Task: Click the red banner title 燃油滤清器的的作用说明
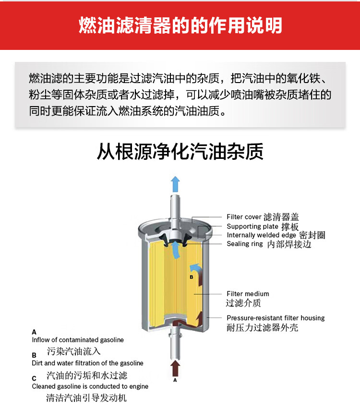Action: tap(180, 25)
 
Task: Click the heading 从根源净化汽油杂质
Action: tap(180, 152)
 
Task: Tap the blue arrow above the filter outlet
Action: tap(176, 184)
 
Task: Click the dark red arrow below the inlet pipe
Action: tap(176, 368)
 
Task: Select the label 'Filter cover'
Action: tap(244, 216)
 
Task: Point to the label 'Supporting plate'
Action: tap(252, 227)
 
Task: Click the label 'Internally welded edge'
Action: tap(261, 235)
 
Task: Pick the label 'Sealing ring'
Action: tap(245, 244)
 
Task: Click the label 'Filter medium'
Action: tap(248, 294)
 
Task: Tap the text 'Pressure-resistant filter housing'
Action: tap(276, 318)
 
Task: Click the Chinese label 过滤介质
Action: tap(243, 303)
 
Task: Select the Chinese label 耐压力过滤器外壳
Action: tap(262, 327)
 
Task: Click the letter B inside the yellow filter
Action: tap(191, 277)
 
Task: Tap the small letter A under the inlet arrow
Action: tap(175, 380)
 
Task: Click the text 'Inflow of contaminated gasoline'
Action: tap(78, 340)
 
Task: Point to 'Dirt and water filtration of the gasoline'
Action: tap(87, 363)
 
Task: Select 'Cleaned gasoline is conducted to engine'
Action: tap(90, 386)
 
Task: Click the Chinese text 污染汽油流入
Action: tap(73, 351)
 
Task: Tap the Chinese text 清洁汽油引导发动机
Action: tap(86, 398)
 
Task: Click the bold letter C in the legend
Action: tap(34, 379)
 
